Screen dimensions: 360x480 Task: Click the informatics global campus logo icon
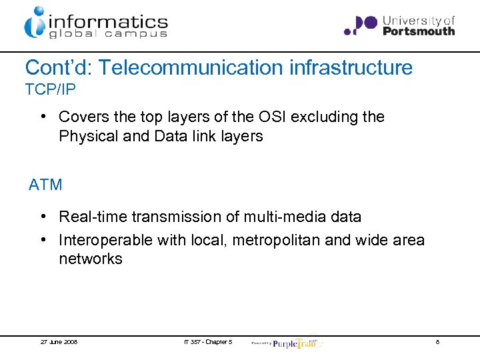(x=35, y=23)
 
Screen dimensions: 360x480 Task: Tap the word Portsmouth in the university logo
(x=419, y=31)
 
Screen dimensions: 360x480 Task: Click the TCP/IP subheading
(x=47, y=89)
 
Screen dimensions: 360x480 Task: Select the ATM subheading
(x=45, y=185)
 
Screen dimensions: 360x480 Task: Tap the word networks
(x=91, y=259)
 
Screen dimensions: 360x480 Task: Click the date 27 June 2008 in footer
(x=59, y=342)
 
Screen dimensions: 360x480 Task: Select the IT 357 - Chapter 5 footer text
(x=208, y=342)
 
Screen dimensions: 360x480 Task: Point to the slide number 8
(x=437, y=342)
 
